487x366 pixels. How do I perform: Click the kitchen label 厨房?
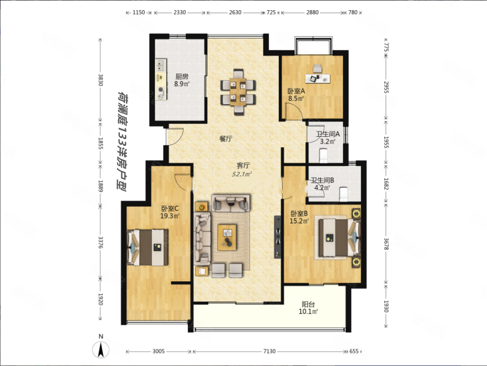pos(182,76)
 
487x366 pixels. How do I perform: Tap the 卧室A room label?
pos(296,91)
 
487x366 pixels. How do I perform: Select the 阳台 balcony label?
pos(308,305)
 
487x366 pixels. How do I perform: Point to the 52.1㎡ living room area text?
pos(242,174)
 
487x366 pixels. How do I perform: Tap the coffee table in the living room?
pos(227,237)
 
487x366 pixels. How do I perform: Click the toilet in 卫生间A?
pos(323,155)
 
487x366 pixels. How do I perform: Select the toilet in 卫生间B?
pos(343,194)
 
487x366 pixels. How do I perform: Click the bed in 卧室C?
pos(148,247)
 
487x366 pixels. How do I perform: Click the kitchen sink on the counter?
pos(161,65)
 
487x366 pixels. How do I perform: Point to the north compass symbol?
pos(101,349)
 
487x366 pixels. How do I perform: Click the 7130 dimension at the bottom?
pos(269,351)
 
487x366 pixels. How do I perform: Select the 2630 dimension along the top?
pos(235,13)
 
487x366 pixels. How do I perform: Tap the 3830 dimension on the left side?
pos(100,80)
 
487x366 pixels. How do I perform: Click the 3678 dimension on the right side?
pos(386,244)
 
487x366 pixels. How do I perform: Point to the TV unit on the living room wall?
pos(278,237)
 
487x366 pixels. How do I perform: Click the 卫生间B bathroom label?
pos(322,180)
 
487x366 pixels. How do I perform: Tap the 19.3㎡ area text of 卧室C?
pos(170,215)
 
